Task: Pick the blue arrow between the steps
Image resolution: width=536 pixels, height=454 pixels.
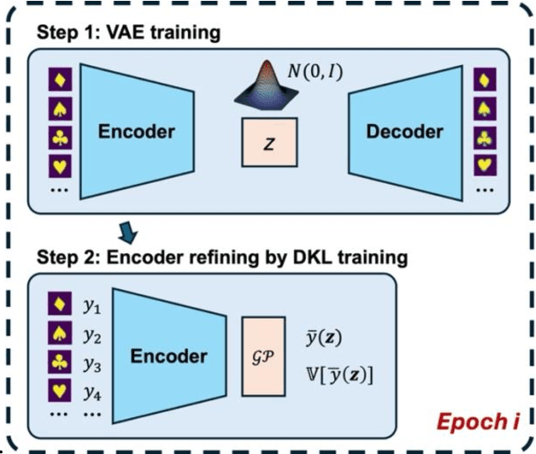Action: coord(127,230)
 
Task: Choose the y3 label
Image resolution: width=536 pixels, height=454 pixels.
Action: coord(92,366)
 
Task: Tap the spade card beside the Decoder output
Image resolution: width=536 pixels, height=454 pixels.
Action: coord(485,109)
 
